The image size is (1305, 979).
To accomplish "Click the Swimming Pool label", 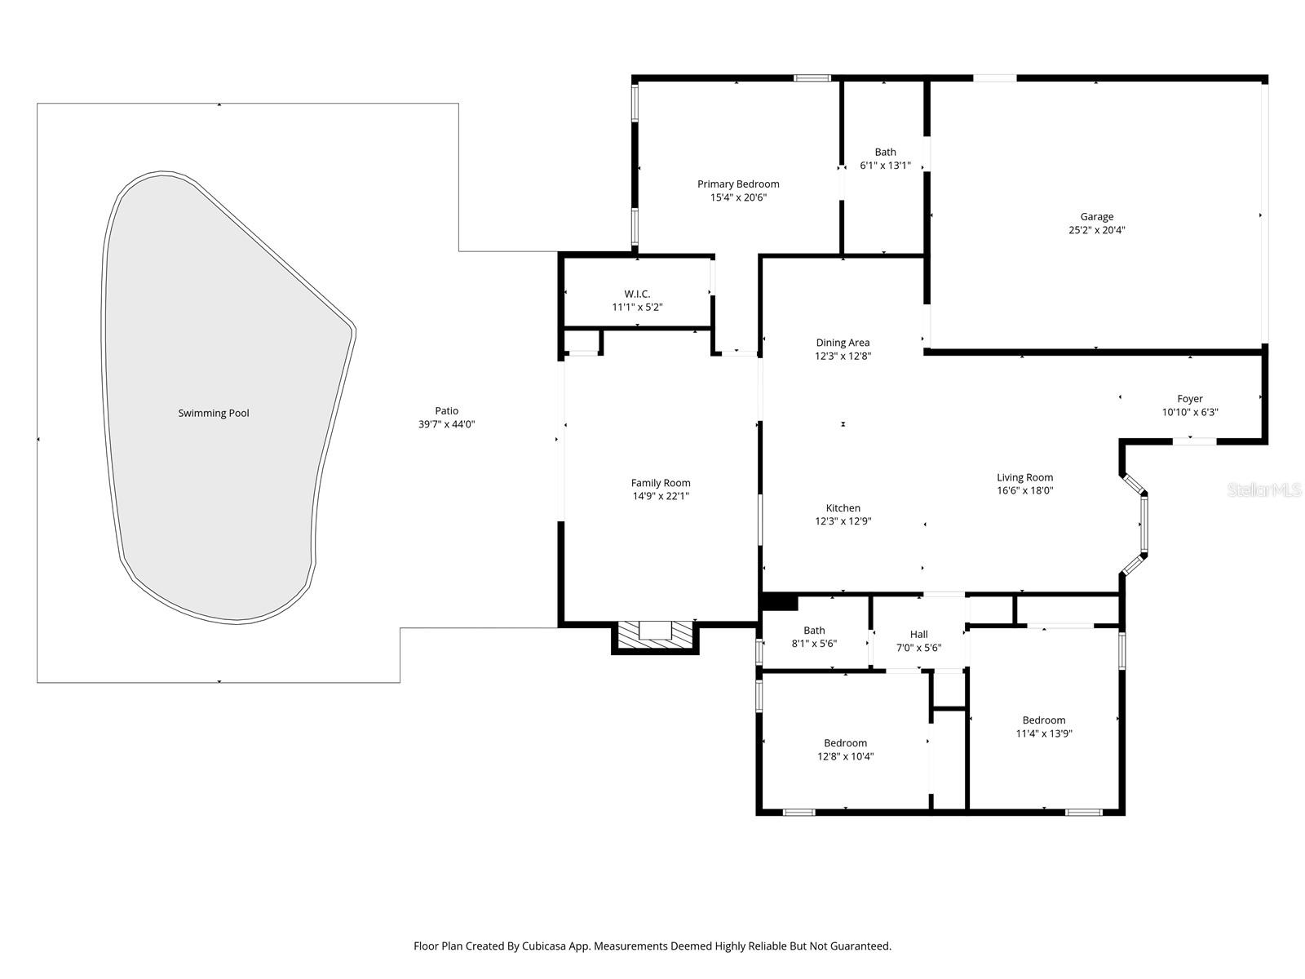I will click(214, 413).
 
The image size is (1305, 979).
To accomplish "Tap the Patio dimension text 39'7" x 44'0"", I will click(446, 424).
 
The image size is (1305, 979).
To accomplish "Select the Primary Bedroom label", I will click(738, 184).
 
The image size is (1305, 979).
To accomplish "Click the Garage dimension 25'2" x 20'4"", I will click(1097, 230).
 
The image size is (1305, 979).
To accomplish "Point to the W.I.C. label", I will click(637, 294).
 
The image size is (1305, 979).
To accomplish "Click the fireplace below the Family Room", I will click(655, 636).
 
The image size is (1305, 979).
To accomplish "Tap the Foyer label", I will click(1189, 399).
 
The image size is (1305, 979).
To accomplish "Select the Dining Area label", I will click(843, 343).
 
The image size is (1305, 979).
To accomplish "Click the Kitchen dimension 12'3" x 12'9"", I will click(843, 521).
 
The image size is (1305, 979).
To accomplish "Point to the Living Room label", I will click(1024, 477).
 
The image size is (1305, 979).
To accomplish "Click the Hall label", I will click(918, 634).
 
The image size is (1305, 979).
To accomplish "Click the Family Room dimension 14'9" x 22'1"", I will click(661, 496).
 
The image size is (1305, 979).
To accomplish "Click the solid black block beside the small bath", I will click(779, 602).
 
